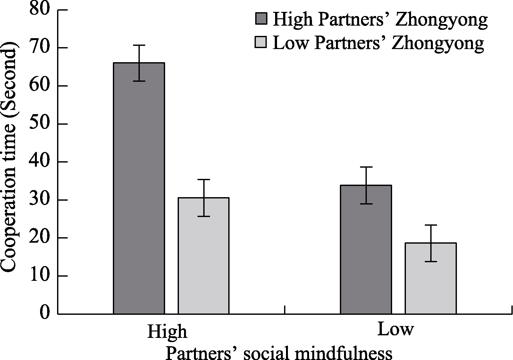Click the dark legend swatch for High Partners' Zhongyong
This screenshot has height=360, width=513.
pyautogui.click(x=261, y=19)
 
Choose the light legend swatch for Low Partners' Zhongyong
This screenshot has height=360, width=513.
pyautogui.click(x=260, y=42)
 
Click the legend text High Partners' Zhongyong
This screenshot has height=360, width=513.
pyautogui.click(x=380, y=20)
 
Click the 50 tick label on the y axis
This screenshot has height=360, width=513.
pyautogui.click(x=40, y=124)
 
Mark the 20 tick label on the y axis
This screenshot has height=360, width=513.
pyautogui.click(x=40, y=238)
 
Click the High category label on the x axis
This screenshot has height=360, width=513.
pyautogui.click(x=167, y=332)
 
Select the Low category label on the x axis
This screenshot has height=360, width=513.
pyautogui.click(x=396, y=329)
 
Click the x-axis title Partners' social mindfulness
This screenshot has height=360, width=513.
pyautogui.click(x=279, y=353)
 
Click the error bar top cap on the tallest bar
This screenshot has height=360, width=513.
pyautogui.click(x=139, y=46)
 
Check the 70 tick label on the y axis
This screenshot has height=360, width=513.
pyautogui.click(x=40, y=48)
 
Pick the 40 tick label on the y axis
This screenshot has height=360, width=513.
pyautogui.click(x=40, y=162)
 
